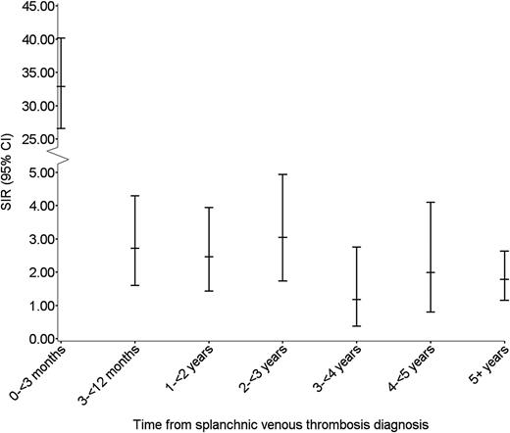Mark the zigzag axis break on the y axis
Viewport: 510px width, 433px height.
point(61,157)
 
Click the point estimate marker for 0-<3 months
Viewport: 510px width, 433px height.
point(61,86)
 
